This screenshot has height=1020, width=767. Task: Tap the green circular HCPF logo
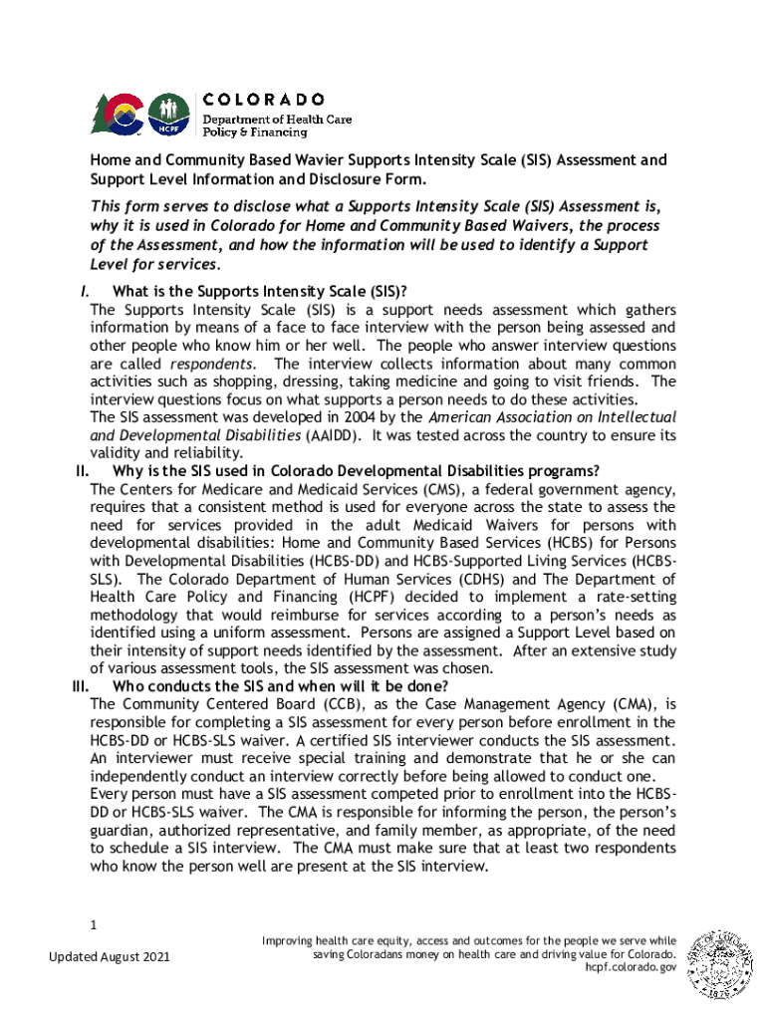[x=168, y=113]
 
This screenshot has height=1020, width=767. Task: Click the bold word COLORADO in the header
[x=264, y=99]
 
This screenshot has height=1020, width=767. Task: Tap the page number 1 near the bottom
[x=93, y=925]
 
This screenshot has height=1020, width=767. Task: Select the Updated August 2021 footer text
[x=110, y=957]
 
